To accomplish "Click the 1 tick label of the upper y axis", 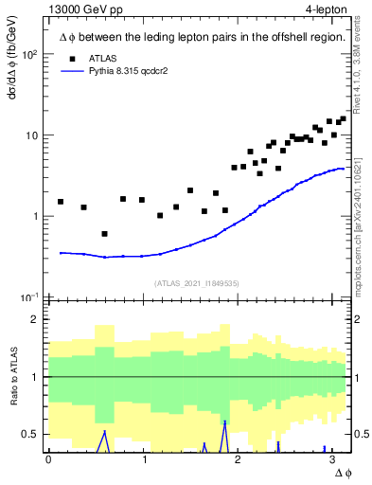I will tap(34, 216).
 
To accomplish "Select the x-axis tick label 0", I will tap(48, 459).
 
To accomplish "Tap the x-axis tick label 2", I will tap(238, 459).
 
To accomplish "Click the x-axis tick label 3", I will tap(332, 459).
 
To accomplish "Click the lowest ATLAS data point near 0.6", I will tap(104, 234).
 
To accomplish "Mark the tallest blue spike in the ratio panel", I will tap(224, 422).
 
